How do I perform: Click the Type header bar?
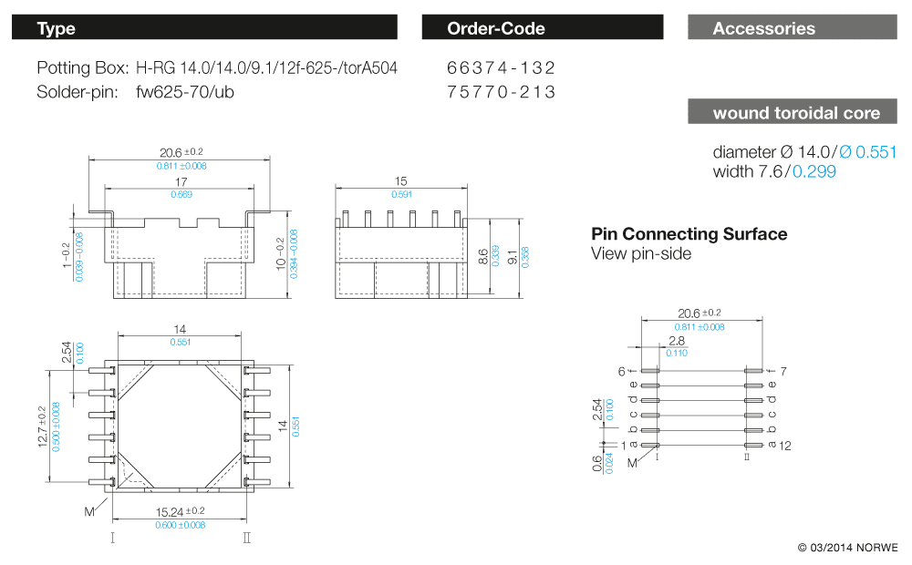(x=204, y=28)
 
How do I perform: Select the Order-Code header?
(x=542, y=28)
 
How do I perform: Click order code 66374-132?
(x=502, y=68)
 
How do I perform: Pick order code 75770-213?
(x=502, y=92)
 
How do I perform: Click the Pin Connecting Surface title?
(x=689, y=234)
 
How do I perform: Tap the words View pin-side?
(x=641, y=254)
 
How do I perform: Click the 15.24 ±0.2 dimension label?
(x=180, y=511)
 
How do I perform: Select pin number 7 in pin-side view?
(x=782, y=371)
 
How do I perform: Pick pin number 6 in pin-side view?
(x=621, y=371)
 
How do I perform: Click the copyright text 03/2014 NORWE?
(x=847, y=548)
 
